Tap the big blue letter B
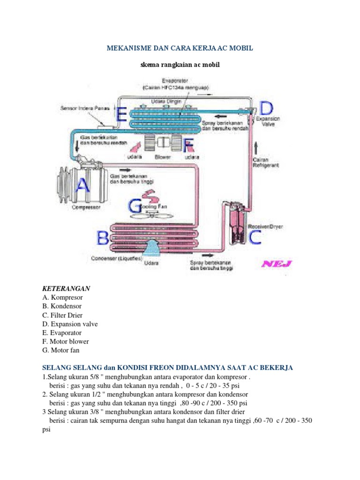(103, 238)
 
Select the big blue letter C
(255, 237)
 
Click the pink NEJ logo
(276, 263)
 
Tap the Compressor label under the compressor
(86, 207)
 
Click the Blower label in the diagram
(163, 157)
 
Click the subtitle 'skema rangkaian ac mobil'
(180, 65)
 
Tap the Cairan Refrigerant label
(267, 162)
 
